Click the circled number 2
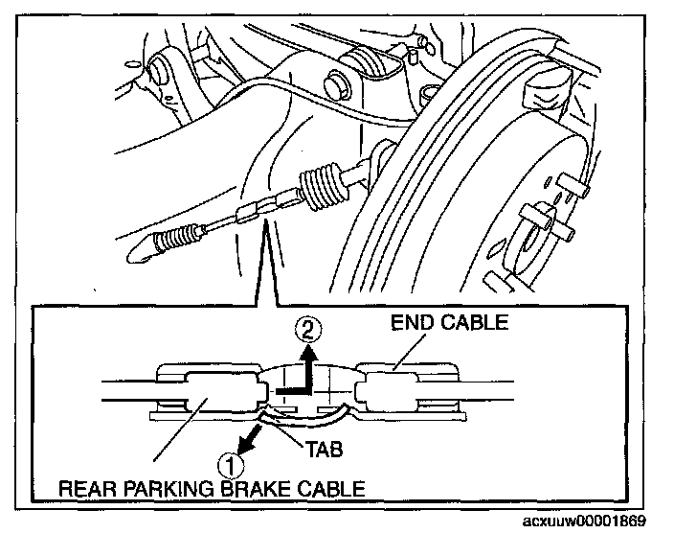pyautogui.click(x=307, y=332)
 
